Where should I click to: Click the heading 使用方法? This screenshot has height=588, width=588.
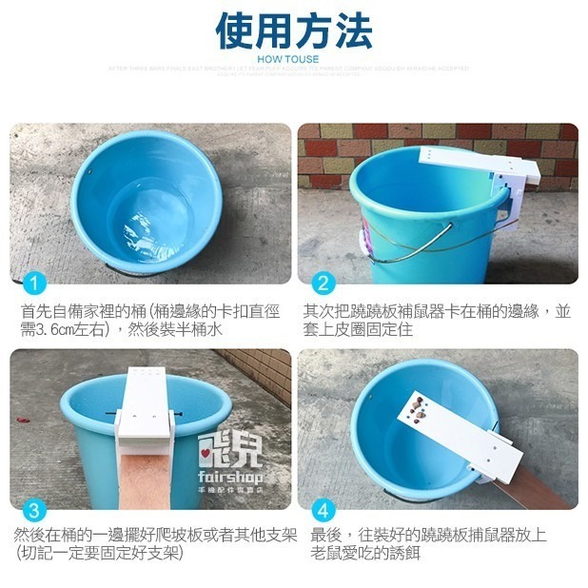pos(293,30)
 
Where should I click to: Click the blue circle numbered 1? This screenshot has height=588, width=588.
pos(33,283)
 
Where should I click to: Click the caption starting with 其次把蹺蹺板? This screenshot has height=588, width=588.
pos(437,320)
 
